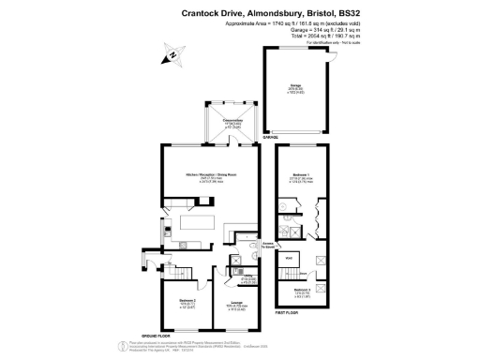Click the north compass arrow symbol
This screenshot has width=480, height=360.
(x=172, y=57)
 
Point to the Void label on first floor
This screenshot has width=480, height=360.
(x=290, y=257)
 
